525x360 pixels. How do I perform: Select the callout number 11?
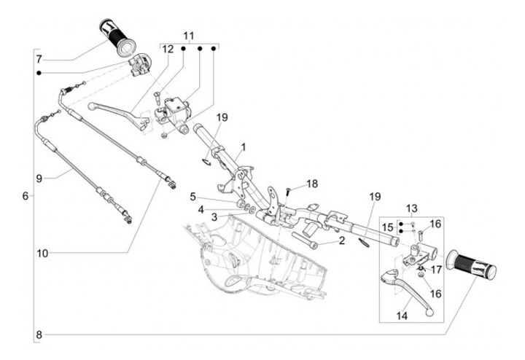[x=190, y=36]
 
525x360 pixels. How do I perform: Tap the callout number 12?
[x=168, y=50]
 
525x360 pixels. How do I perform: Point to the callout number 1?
[x=243, y=146]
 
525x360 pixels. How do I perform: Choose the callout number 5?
[x=193, y=196]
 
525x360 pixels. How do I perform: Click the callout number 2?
[x=341, y=240]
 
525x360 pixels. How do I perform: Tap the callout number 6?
[x=26, y=196]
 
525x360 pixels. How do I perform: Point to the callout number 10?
[x=43, y=253]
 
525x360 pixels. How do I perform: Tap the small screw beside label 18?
[x=288, y=191]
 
